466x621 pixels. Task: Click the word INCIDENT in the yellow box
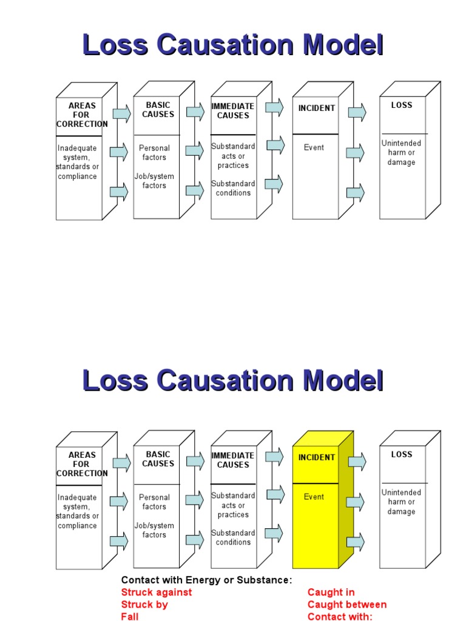pos(316,457)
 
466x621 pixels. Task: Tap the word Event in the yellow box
pos(314,497)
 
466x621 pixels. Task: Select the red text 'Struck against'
pos(157,592)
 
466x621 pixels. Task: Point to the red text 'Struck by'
pos(144,604)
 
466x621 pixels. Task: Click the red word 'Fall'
pos(130,616)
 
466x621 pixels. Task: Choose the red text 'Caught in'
pos(331,592)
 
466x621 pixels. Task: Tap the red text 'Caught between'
pos(346,604)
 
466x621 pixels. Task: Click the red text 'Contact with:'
pos(339,616)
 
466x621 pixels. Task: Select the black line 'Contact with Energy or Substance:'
pos(206,580)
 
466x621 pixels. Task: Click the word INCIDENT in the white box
pos(316,108)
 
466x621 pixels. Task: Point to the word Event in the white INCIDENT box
pos(314,147)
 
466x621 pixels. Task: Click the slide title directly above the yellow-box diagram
pos(233,381)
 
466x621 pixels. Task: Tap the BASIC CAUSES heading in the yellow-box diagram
pos(158,459)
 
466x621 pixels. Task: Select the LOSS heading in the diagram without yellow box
pos(401,105)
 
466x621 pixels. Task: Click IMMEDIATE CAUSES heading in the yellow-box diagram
pos(233,460)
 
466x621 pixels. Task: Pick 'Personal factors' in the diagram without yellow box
pos(154,152)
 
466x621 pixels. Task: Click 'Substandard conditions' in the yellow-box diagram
pos(233,537)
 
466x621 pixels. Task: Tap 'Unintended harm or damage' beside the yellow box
pos(401,502)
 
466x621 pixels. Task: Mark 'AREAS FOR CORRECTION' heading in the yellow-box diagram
pos(81,464)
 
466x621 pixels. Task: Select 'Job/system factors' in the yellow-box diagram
pos(154,530)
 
